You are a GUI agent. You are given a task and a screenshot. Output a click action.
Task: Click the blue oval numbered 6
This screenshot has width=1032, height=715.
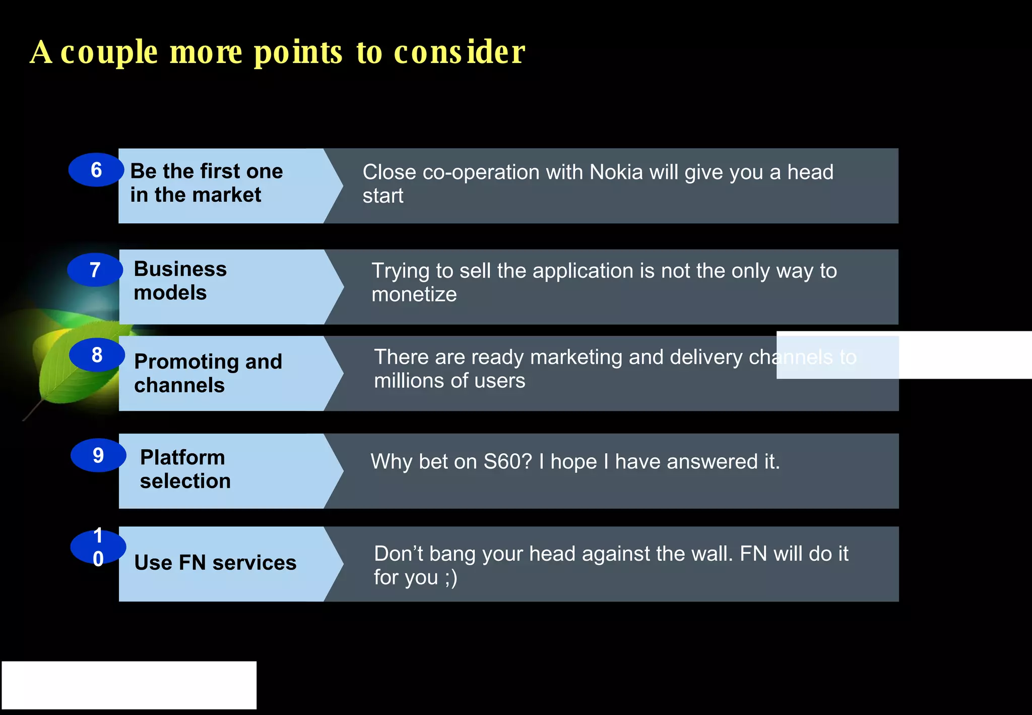96,170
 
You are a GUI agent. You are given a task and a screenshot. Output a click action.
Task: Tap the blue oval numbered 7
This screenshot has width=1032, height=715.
95,270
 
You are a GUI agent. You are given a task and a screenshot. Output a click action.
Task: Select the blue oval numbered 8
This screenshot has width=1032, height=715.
97,355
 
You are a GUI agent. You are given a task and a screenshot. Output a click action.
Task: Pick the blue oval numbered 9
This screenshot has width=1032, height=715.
98,455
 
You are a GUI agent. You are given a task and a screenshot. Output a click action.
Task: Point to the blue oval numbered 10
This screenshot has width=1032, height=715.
98,547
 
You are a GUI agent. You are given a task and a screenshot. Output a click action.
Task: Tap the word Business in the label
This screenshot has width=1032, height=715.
180,269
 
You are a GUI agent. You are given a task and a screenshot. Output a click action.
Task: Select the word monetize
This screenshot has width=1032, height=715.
414,294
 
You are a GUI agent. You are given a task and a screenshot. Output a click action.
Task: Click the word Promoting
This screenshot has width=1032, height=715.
187,362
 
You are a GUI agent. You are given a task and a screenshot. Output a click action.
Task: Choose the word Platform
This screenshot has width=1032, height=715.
182,457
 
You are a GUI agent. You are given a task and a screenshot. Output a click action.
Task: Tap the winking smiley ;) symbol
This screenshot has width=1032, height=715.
451,578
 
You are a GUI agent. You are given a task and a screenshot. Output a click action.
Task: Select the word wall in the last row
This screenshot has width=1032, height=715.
711,554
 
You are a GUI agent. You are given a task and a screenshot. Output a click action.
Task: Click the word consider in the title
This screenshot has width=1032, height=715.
459,52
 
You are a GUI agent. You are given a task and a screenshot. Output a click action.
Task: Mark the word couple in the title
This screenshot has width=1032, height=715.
109,53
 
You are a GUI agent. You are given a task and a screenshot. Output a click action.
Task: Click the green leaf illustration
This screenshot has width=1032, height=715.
76,363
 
